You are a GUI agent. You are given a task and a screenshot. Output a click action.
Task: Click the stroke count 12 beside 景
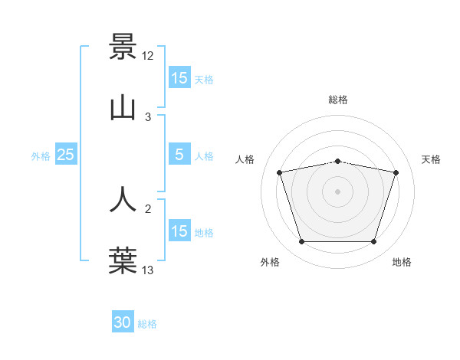(148, 56)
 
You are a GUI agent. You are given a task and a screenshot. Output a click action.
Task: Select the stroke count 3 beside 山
(148, 117)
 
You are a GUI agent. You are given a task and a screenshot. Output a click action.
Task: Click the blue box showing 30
(123, 323)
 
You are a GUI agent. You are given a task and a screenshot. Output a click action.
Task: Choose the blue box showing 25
(66, 155)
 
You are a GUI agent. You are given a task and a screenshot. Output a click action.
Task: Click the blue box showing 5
(179, 155)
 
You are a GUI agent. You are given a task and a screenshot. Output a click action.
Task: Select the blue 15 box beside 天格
(179, 78)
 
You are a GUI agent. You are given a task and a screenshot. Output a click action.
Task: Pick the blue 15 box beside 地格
(179, 231)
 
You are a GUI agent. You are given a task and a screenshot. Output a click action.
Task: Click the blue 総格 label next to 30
(147, 324)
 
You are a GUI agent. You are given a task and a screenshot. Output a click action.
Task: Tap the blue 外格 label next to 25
(41, 155)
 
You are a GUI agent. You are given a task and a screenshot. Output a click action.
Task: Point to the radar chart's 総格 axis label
(338, 100)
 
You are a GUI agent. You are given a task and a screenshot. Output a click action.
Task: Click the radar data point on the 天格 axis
(396, 172)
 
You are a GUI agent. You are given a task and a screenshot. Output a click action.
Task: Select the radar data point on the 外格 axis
(301, 242)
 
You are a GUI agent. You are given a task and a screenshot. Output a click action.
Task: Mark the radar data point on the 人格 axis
(280, 172)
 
